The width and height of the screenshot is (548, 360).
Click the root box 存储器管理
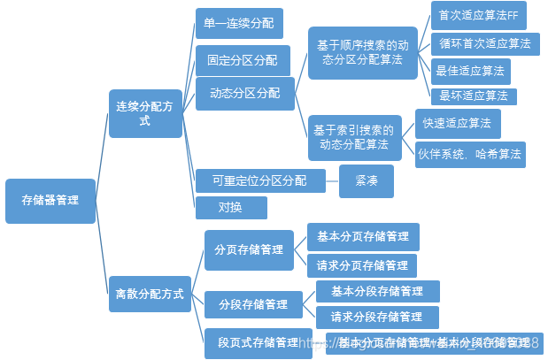pyautogui.click(x=50, y=201)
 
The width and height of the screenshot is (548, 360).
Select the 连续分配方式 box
pyautogui.click(x=145, y=113)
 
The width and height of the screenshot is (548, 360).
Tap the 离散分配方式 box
pyautogui.click(x=150, y=293)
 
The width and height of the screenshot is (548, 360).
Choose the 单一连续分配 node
pyautogui.click(x=238, y=23)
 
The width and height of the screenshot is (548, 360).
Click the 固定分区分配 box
pyautogui.click(x=243, y=60)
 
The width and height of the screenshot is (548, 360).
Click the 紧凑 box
pyautogui.click(x=366, y=180)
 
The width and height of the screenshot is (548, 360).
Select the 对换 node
pyautogui.click(x=230, y=208)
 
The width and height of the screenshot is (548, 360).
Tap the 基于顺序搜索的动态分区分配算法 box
pyautogui.click(x=362, y=53)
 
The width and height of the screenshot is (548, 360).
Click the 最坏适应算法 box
pyautogui.click(x=473, y=96)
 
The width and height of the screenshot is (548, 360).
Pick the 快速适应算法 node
pyautogui.click(x=458, y=122)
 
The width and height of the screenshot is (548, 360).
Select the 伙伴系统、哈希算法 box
pyautogui.click(x=469, y=154)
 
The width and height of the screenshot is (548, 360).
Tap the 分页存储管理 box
pyautogui.click(x=249, y=249)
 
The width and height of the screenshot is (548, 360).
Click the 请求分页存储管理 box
pyautogui.click(x=361, y=265)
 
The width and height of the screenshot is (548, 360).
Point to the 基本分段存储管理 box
pyautogui.click(x=376, y=291)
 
